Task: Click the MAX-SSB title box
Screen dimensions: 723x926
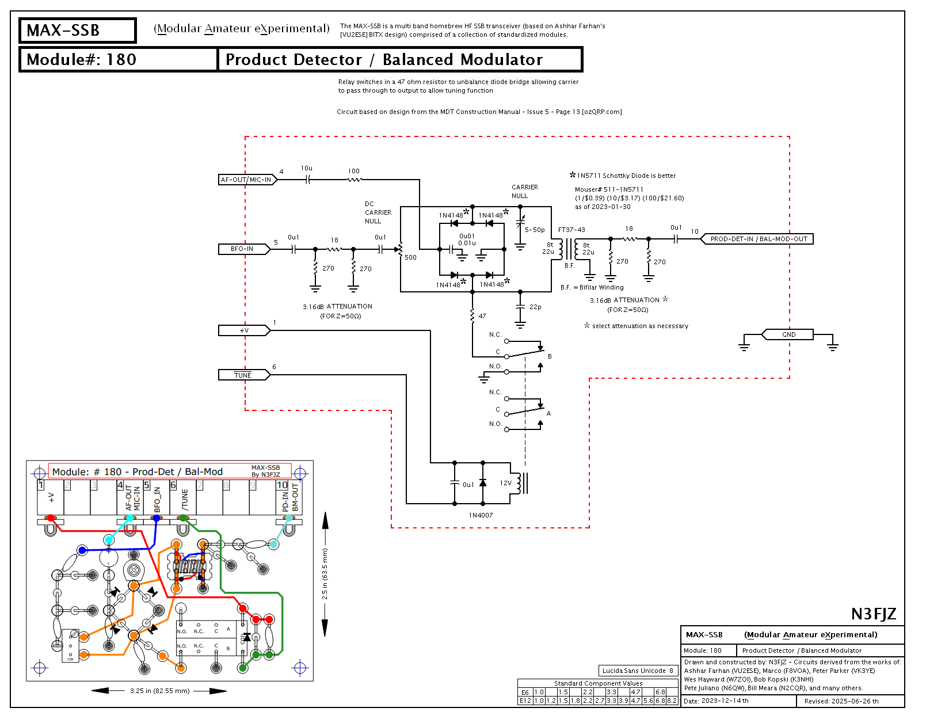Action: point(77,31)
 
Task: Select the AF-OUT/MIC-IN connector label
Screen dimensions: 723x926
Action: point(246,180)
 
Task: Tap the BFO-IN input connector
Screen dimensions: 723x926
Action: point(242,249)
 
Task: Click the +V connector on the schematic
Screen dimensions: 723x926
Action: point(244,330)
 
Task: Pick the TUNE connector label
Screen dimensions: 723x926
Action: point(243,375)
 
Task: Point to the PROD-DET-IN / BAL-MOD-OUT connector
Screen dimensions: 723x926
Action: point(759,239)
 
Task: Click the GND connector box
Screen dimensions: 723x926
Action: point(788,334)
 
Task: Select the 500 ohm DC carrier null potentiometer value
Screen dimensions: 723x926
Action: point(410,257)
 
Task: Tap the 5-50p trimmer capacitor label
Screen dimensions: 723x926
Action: point(535,230)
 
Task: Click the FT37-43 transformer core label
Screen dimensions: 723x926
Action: point(571,230)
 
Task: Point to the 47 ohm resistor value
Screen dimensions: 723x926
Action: point(482,316)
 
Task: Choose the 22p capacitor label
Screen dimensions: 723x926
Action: point(535,307)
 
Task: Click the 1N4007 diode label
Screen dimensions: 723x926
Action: point(481,515)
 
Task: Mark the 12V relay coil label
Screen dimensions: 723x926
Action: point(505,483)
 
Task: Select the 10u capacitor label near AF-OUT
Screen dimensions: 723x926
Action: point(307,168)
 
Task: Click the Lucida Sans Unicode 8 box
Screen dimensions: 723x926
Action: point(638,671)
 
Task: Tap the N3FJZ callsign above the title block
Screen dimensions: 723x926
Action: point(874,614)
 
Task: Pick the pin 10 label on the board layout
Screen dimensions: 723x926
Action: point(282,485)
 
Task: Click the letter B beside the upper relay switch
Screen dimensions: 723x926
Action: point(550,356)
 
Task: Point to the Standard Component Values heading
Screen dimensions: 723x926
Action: point(598,683)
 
